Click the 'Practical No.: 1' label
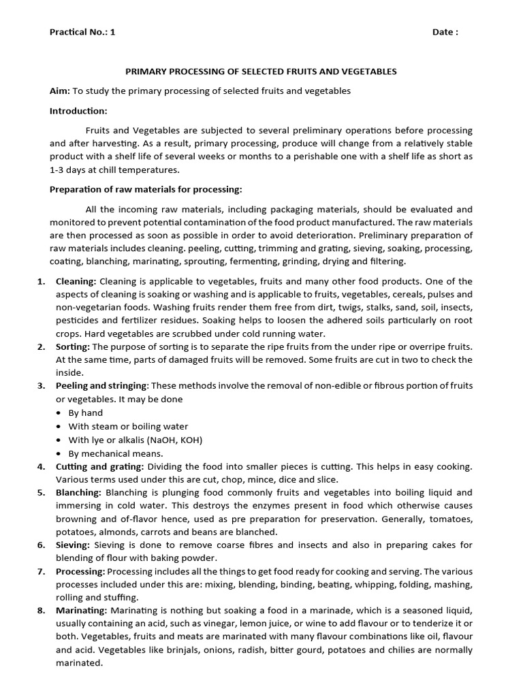click(82, 32)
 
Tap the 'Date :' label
click(445, 32)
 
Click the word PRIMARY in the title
click(146, 71)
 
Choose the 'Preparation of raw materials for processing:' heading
click(146, 189)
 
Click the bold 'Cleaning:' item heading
click(76, 281)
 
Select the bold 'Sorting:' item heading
click(73, 347)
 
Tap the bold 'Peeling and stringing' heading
click(101, 387)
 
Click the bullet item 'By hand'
click(86, 413)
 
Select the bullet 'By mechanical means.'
click(116, 453)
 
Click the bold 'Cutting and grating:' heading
click(99, 466)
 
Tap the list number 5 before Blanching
click(41, 492)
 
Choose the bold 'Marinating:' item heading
click(81, 611)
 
